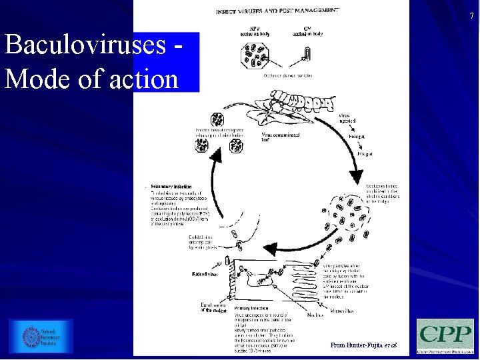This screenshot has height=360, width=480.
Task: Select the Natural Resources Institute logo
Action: coord(41,336)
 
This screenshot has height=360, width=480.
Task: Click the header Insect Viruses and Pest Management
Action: coord(277,11)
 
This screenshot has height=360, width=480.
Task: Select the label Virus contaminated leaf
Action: coord(281,136)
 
